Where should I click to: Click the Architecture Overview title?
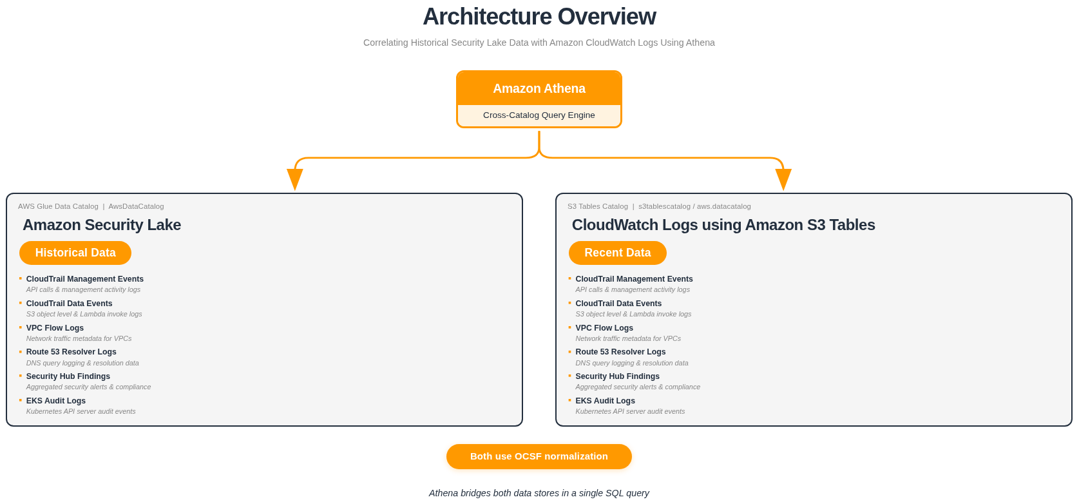tap(539, 17)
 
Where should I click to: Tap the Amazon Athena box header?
tap(539, 88)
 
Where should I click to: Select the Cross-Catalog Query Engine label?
tap(539, 115)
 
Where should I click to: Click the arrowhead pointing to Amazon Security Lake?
tap(295, 179)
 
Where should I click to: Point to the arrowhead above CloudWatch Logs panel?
tap(783, 179)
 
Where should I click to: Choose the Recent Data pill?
tap(617, 253)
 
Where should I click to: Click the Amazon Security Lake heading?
tap(102, 225)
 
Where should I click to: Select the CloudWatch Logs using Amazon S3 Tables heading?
tap(723, 225)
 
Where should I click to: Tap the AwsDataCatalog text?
tap(136, 206)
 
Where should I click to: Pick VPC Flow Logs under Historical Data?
tap(55, 328)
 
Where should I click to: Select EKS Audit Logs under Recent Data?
tap(605, 401)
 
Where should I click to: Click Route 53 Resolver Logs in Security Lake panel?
tap(71, 352)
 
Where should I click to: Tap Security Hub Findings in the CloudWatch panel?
tap(617, 376)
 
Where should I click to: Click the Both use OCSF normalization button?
tap(539, 456)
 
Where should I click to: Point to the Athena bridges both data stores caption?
tap(539, 493)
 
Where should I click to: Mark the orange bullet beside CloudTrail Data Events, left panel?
tap(21, 303)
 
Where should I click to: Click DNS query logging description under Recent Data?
tap(631, 363)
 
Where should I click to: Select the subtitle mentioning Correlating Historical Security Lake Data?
tap(539, 43)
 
